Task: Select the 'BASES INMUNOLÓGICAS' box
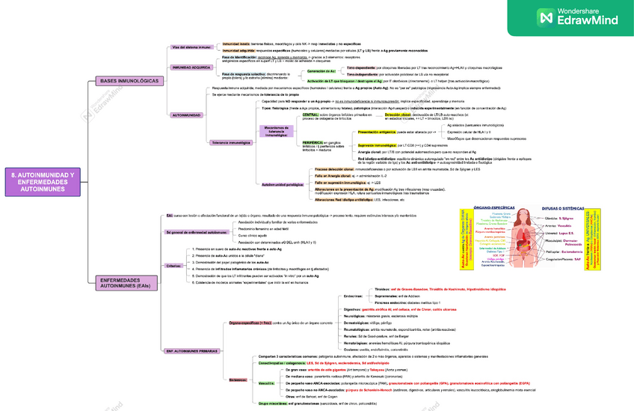click(x=129, y=80)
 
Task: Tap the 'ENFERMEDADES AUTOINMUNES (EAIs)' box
click(x=129, y=282)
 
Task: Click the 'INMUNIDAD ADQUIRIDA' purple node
click(x=191, y=67)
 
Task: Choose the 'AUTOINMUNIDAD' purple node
click(x=186, y=115)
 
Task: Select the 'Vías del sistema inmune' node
click(x=191, y=47)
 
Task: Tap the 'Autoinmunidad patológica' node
click(x=282, y=183)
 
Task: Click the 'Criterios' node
click(x=173, y=266)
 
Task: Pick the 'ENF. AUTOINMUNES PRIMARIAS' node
click(x=193, y=350)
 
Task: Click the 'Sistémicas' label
click(x=238, y=380)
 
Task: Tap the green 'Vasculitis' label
click(x=265, y=383)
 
